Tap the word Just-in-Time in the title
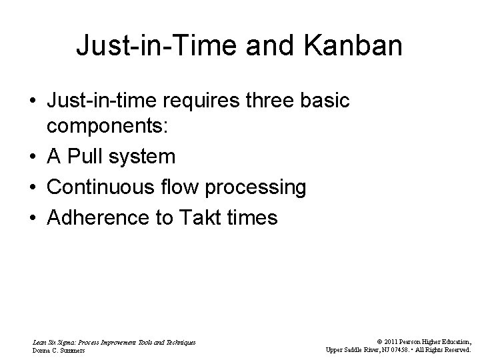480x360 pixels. (x=160, y=46)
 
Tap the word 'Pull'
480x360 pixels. (x=87, y=157)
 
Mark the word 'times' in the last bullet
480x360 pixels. (x=253, y=217)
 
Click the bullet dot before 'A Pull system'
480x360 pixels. (x=33, y=157)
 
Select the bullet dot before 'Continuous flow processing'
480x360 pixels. (x=33, y=188)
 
